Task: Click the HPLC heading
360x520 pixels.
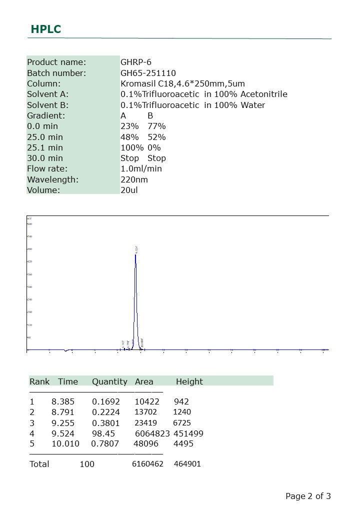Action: tap(46, 29)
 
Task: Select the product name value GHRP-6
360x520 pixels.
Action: tap(136, 62)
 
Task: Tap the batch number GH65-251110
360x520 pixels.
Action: tap(148, 73)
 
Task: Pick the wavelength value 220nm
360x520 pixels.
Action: tap(134, 179)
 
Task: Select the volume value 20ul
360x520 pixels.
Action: tap(129, 190)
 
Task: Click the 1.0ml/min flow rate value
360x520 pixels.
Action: tap(141, 168)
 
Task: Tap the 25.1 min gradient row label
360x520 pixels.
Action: tap(45, 147)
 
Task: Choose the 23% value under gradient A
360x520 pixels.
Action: tap(129, 126)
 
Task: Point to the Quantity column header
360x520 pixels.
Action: tap(109, 381)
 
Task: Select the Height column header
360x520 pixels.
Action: tap(189, 381)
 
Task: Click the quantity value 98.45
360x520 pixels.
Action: tap(103, 433)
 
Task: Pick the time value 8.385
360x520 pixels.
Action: tap(63, 401)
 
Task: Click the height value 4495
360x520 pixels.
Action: tap(183, 443)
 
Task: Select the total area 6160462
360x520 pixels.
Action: tap(147, 464)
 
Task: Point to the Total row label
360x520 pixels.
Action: tap(39, 464)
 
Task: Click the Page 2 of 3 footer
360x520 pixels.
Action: tap(308, 496)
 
